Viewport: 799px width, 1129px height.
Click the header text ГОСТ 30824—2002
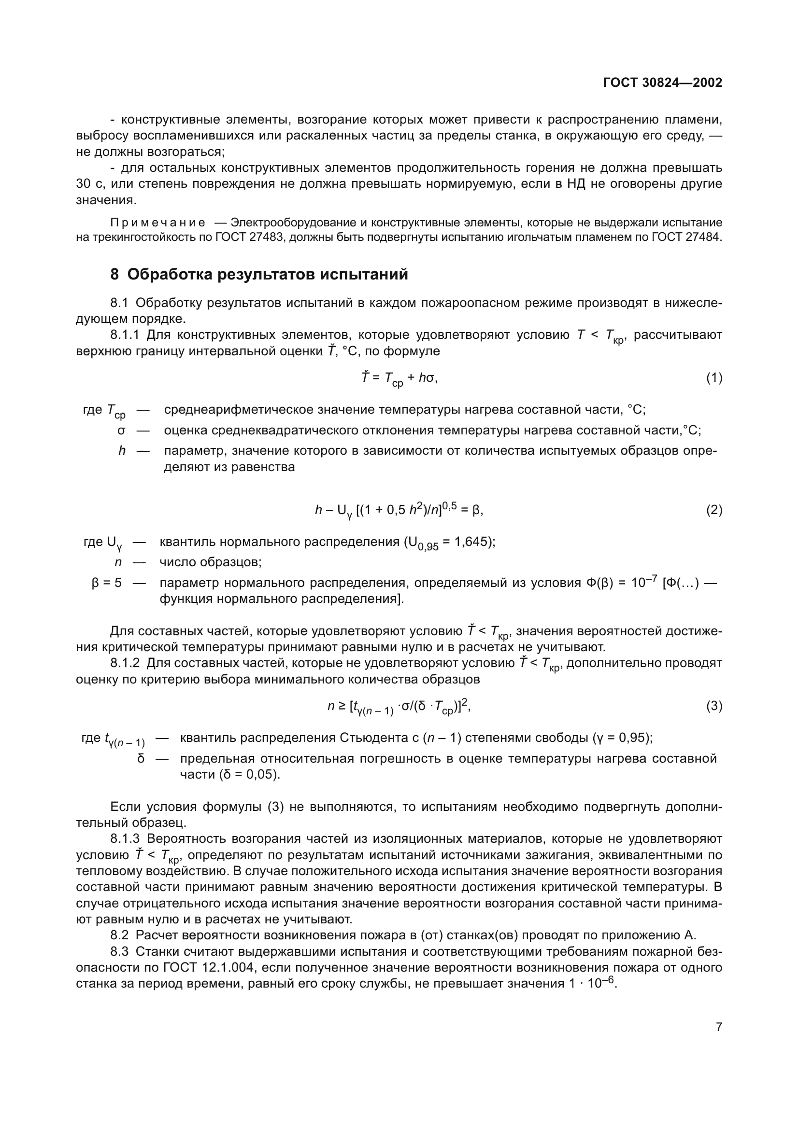tap(662, 83)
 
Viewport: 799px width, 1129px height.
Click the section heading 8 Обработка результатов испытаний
tap(259, 274)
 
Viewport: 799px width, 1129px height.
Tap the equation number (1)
tap(714, 377)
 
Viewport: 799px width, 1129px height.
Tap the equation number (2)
tap(714, 510)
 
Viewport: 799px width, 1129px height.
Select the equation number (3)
tap(714, 706)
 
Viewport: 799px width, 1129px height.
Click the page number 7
tap(719, 1027)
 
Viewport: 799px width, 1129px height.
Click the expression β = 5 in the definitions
tap(107, 583)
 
